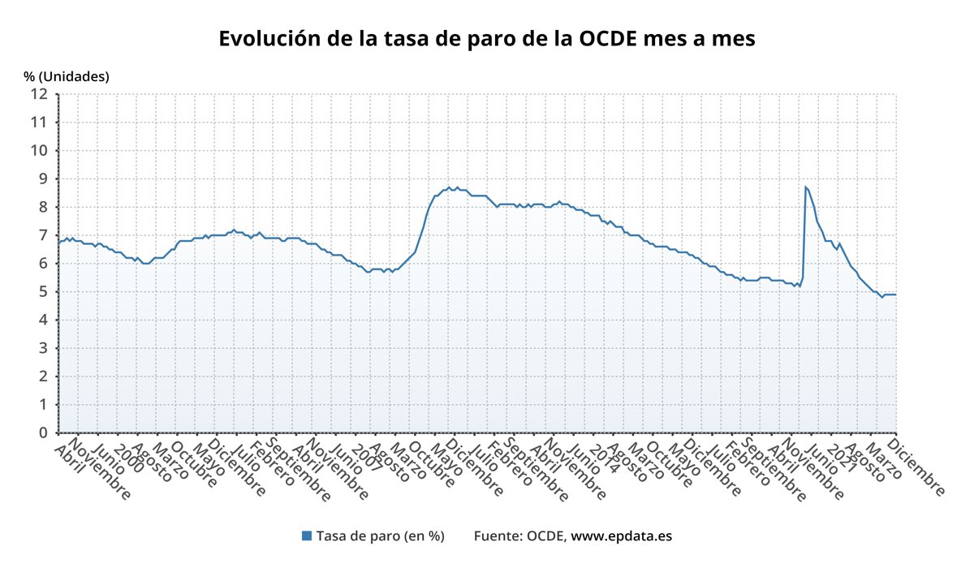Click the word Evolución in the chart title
265,39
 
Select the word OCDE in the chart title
601,39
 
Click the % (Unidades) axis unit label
66,76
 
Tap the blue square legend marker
307,535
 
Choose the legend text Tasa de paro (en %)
380,535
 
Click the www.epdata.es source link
621,535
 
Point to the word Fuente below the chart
498,535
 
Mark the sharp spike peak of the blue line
805,187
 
